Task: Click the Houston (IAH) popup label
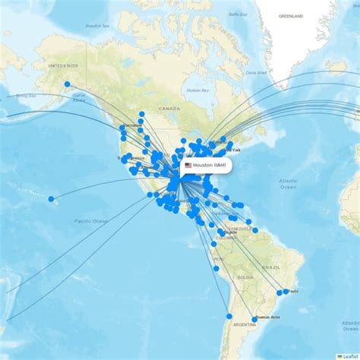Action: tap(209, 166)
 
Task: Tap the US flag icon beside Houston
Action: tap(188, 166)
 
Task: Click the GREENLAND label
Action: tap(290, 15)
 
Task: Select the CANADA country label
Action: tap(168, 109)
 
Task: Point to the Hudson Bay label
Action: tap(198, 90)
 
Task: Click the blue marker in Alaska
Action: tap(67, 84)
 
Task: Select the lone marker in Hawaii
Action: tap(52, 200)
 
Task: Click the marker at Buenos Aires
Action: tap(254, 320)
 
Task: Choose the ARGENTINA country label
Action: tap(245, 324)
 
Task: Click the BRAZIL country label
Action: tap(270, 267)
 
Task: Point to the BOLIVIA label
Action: tap(244, 278)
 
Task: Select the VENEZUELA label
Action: tap(240, 228)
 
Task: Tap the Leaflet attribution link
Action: tap(350, 355)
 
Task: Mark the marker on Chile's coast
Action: tap(229, 316)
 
